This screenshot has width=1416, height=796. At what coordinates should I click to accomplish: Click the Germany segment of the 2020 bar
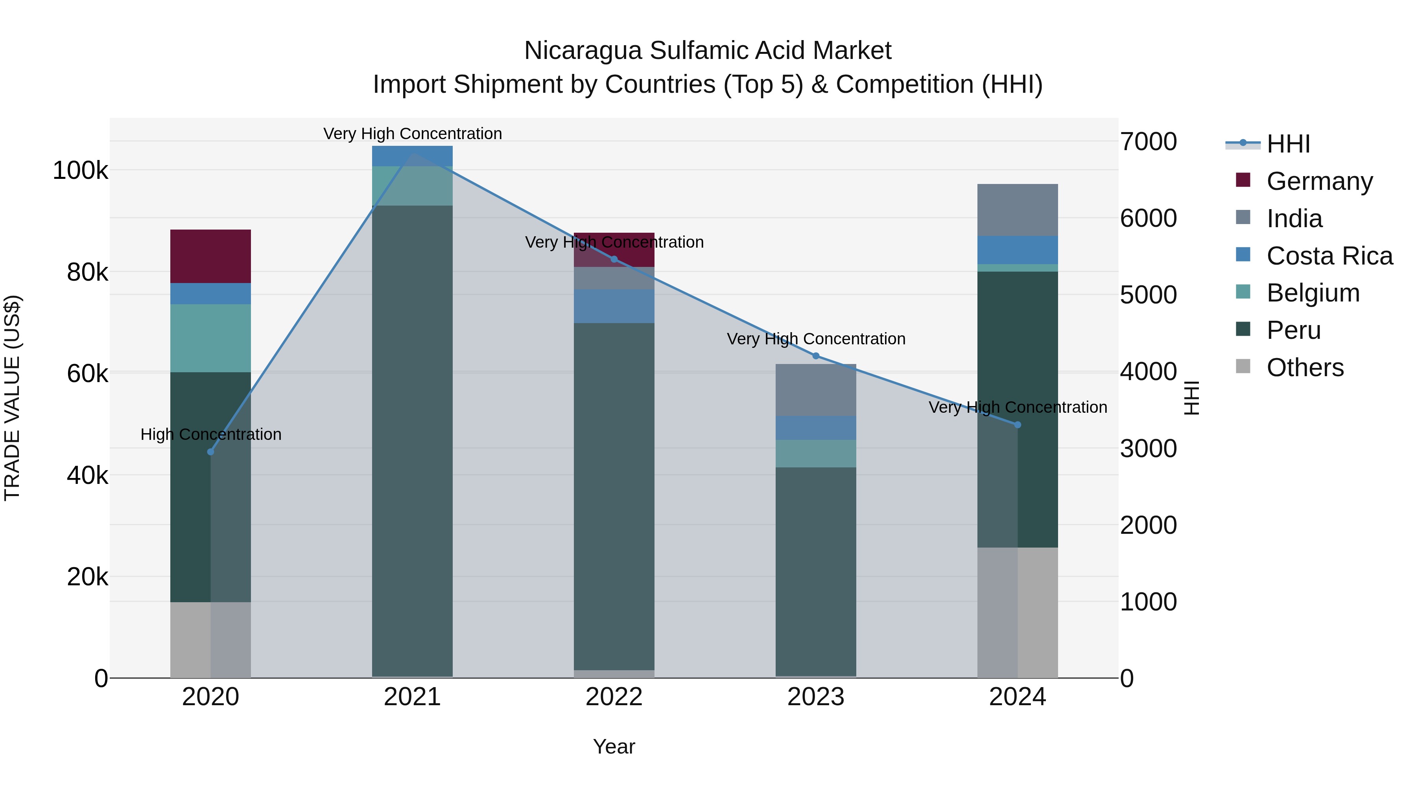[210, 256]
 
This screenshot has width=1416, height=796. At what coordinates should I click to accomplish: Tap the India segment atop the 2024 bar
[1018, 210]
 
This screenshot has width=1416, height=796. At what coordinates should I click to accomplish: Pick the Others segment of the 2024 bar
[1018, 612]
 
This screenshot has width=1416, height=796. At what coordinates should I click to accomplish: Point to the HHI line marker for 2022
[614, 259]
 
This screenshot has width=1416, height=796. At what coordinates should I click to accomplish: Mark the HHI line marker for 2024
[1018, 425]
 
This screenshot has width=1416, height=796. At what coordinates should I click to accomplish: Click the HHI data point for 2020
[210, 452]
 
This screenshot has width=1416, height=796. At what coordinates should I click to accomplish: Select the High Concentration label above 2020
[210, 434]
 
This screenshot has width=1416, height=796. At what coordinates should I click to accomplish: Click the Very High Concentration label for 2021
[412, 134]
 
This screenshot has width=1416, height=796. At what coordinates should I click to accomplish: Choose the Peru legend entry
[1293, 330]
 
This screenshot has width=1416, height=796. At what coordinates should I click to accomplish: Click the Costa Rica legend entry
[1329, 256]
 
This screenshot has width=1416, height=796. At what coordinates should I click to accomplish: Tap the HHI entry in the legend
[1288, 144]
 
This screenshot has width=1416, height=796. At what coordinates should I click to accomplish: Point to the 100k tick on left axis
[80, 171]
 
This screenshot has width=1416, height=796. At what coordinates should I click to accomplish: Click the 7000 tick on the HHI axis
[1148, 142]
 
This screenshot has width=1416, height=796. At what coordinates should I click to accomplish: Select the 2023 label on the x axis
[816, 697]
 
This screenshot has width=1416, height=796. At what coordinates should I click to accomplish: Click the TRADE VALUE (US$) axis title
[12, 398]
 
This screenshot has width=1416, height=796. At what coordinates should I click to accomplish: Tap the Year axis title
[614, 746]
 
